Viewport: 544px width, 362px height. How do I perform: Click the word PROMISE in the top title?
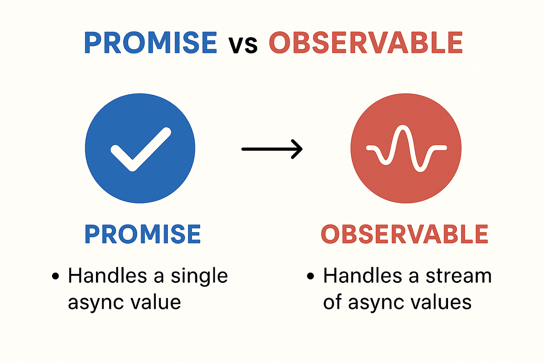point(151,42)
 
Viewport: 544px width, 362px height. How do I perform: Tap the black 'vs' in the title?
point(243,45)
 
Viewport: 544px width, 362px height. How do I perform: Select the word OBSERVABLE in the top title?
point(366,42)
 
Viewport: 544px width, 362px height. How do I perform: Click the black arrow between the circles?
point(272,149)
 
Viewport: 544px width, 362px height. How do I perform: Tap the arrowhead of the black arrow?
point(298,149)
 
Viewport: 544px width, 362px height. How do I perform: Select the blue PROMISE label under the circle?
point(143,234)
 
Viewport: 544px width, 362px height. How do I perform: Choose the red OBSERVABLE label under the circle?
point(405,234)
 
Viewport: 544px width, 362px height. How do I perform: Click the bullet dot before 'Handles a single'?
point(55,276)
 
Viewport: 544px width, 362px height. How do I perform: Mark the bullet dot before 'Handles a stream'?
point(310,276)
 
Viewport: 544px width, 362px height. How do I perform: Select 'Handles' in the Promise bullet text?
point(107,275)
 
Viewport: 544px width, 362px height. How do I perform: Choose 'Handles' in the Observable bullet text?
point(363,275)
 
